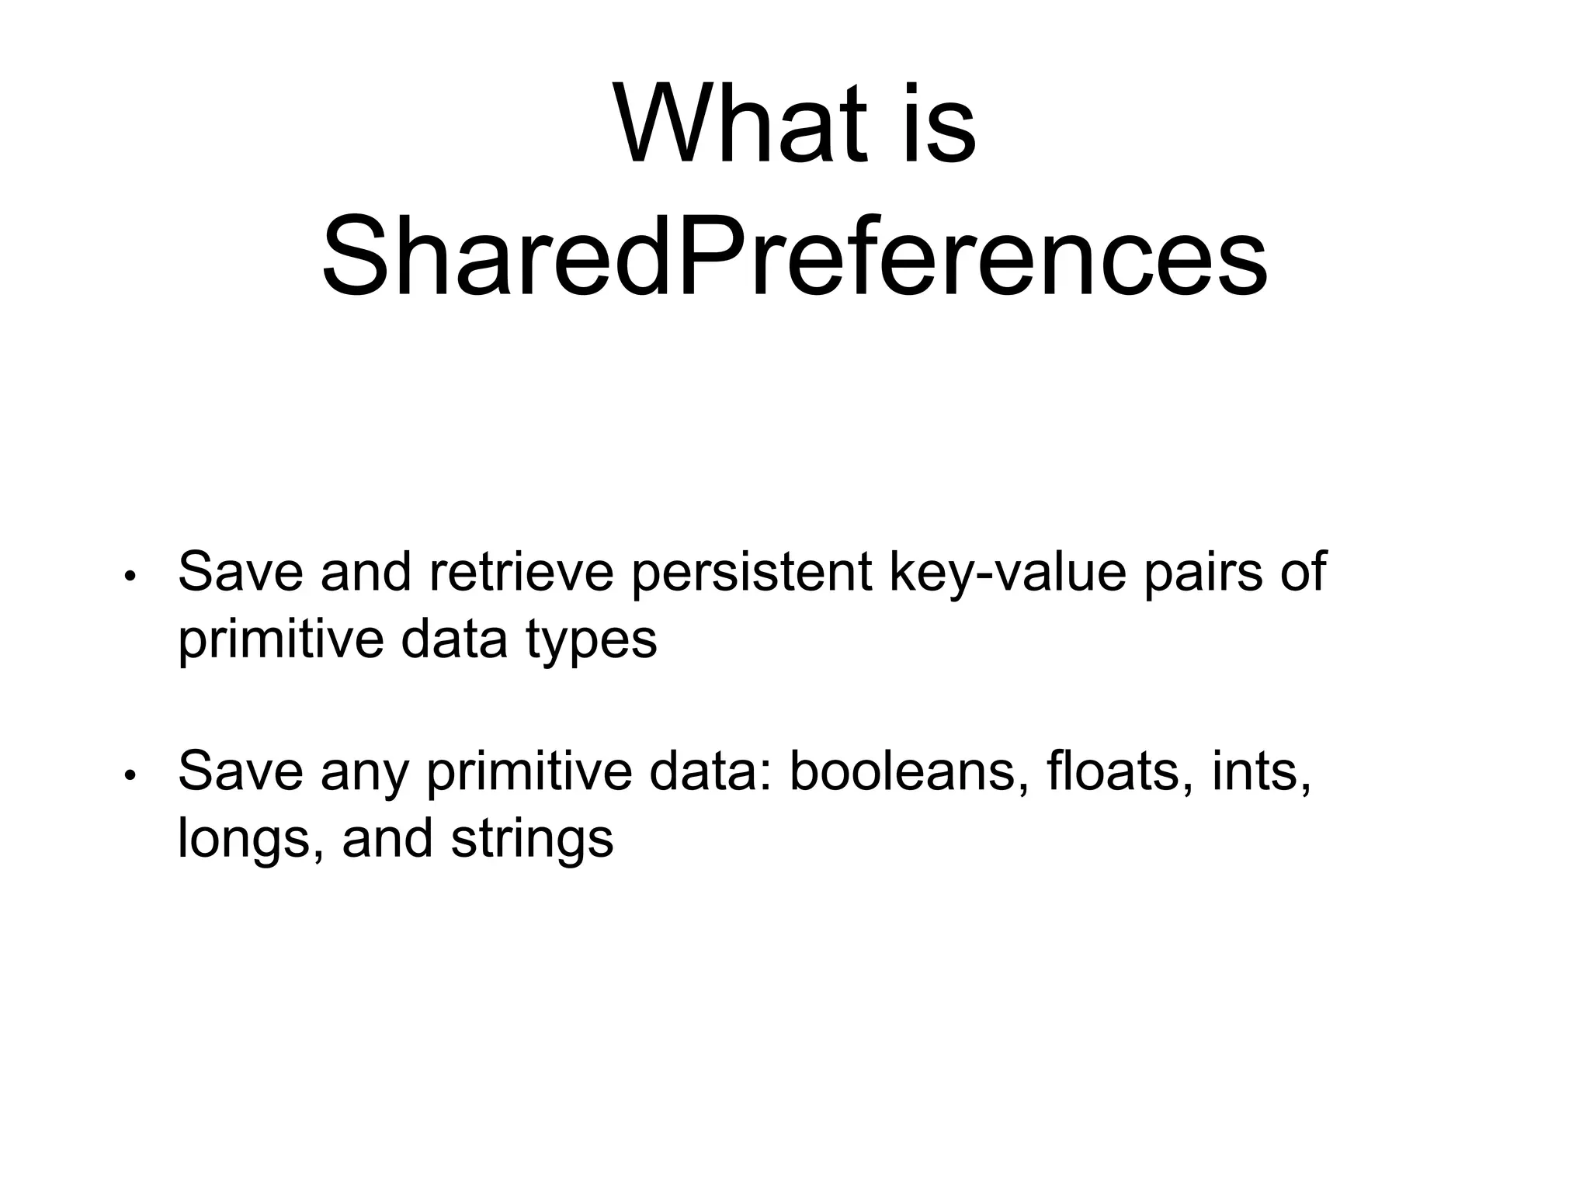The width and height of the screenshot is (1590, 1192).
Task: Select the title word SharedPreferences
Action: tap(794, 256)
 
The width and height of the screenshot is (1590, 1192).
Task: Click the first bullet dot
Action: tap(130, 577)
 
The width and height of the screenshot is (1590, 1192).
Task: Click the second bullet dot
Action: tap(130, 775)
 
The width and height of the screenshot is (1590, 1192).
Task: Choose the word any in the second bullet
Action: tap(364, 773)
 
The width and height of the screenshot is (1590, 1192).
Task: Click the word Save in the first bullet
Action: tap(240, 572)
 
